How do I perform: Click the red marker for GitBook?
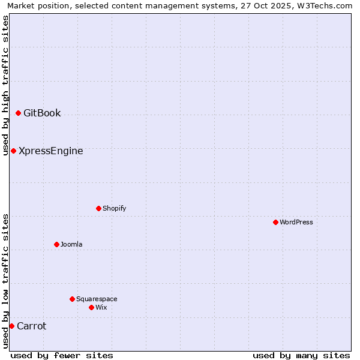click(x=18, y=113)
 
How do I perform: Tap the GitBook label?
click(x=42, y=113)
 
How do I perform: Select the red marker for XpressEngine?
click(x=13, y=151)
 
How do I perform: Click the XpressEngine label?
click(x=51, y=151)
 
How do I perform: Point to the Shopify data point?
click(x=98, y=208)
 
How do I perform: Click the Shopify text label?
click(x=115, y=209)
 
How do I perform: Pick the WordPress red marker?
click(x=275, y=222)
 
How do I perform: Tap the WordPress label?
click(x=296, y=223)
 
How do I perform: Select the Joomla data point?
click(x=56, y=244)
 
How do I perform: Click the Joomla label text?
click(x=71, y=245)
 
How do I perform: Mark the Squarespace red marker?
click(x=72, y=299)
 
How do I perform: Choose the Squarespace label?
click(x=97, y=299)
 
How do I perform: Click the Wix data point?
click(x=91, y=307)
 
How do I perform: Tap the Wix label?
click(x=101, y=308)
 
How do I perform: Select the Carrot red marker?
click(x=11, y=326)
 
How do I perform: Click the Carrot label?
click(x=32, y=326)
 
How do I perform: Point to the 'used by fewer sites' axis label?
click(x=62, y=355)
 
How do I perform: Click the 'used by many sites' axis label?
click(x=301, y=355)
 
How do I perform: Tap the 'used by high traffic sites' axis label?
click(x=5, y=85)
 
